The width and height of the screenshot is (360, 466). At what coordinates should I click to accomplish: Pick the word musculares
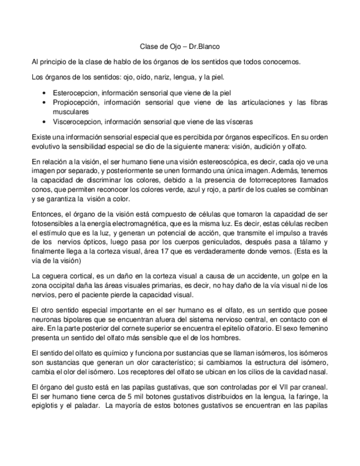[x=70, y=112]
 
